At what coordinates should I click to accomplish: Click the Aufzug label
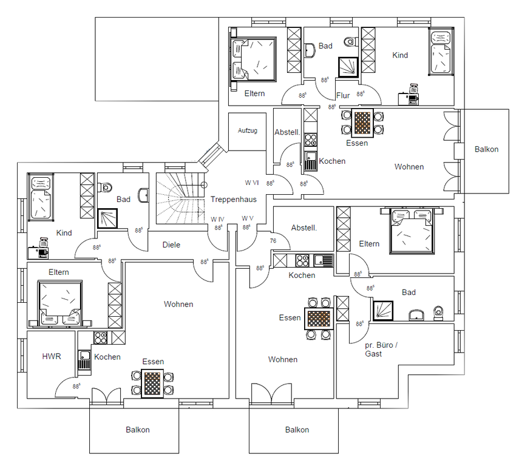coord(248,130)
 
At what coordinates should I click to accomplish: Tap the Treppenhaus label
coord(233,200)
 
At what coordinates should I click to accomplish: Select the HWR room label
coord(52,356)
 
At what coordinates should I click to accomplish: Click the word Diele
coord(171,245)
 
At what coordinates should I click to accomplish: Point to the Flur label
coord(343,95)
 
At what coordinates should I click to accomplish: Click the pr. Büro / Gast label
coord(381,349)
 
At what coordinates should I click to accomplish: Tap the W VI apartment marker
coord(252,183)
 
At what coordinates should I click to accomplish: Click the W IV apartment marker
coord(217,220)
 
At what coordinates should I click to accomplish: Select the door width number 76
coord(273,241)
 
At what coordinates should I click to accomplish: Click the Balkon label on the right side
coord(486,149)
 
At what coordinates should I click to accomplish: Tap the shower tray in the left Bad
coord(107,218)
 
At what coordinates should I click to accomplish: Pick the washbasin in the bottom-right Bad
coord(416,315)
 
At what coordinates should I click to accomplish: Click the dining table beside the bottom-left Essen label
coord(152,383)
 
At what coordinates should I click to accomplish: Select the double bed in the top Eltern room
coord(254,59)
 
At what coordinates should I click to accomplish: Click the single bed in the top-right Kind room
coord(441,52)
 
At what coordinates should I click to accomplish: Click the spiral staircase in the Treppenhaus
coord(180,198)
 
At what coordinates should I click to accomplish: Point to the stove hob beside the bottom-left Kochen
coord(100,338)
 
